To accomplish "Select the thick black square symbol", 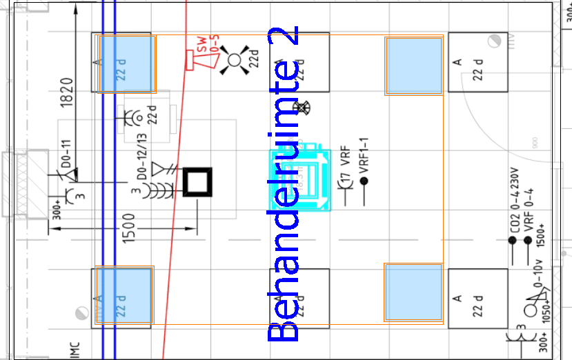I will [x=199, y=182].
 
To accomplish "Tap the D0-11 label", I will [x=67, y=153].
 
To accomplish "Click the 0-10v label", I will [x=539, y=276].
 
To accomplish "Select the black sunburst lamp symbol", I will [x=234, y=60].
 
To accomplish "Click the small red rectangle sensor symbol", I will [x=189, y=60].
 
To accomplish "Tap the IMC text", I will [x=75, y=350].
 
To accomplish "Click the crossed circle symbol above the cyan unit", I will [x=304, y=108].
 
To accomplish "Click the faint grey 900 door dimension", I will [x=535, y=144].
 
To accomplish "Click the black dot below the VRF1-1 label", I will [x=364, y=181].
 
